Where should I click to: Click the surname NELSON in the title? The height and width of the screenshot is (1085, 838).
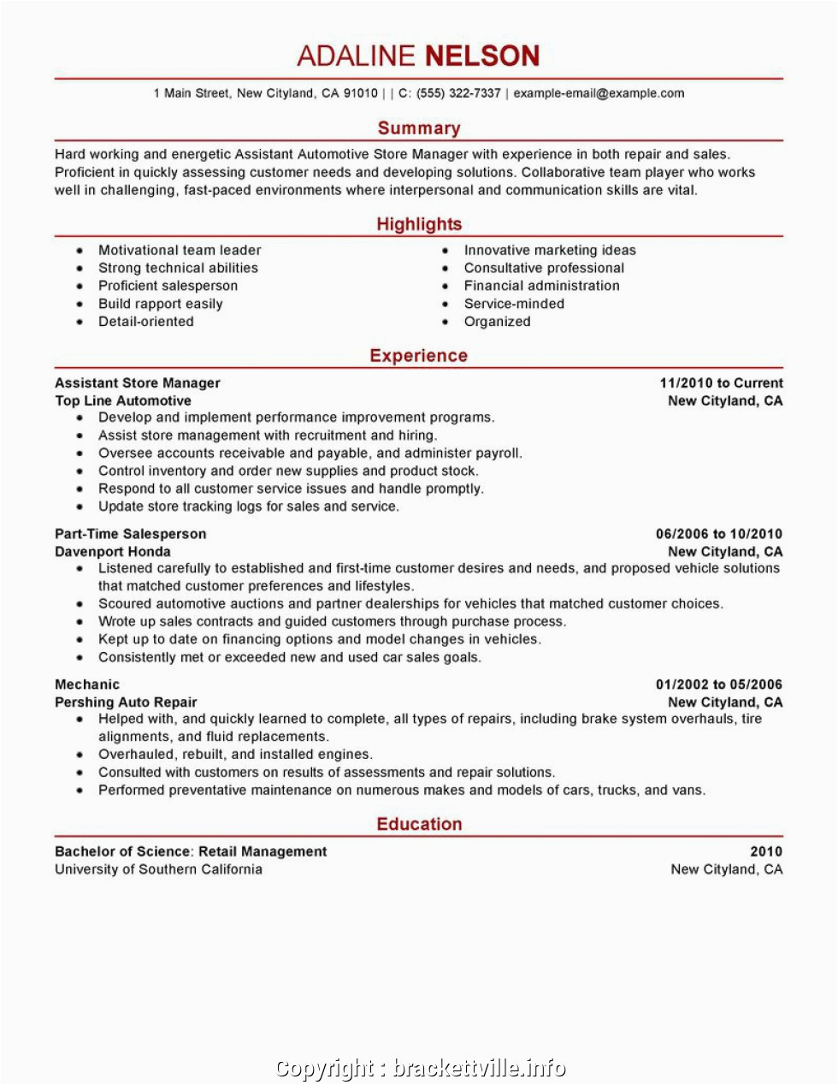click(482, 56)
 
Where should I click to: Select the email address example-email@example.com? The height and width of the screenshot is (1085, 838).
click(599, 93)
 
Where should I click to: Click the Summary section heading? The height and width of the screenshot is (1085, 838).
click(419, 128)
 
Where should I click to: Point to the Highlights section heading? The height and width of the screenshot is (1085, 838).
click(419, 224)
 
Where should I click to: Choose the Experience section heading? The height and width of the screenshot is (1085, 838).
click(419, 356)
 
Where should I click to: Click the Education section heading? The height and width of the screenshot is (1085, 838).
click(419, 824)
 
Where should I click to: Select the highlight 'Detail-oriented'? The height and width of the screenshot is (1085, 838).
click(146, 322)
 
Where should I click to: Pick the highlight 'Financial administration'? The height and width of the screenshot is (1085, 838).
click(542, 286)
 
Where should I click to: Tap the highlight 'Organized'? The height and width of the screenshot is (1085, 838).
click(498, 322)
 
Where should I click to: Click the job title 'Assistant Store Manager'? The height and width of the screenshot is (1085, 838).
click(138, 383)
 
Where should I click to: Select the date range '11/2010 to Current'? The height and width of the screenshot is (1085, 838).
click(721, 383)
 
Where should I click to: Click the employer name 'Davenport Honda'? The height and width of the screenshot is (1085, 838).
click(113, 552)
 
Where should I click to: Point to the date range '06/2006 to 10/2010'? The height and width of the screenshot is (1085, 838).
click(719, 534)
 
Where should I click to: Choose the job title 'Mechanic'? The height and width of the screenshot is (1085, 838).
click(87, 685)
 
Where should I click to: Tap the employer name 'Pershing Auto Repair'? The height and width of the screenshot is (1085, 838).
click(126, 703)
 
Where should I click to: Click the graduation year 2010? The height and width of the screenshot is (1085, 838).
click(766, 851)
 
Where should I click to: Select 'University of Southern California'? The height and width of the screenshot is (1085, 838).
click(158, 869)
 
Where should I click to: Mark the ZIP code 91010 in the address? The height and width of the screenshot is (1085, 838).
click(361, 93)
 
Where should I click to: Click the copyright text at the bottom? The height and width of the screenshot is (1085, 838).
click(420, 1068)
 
